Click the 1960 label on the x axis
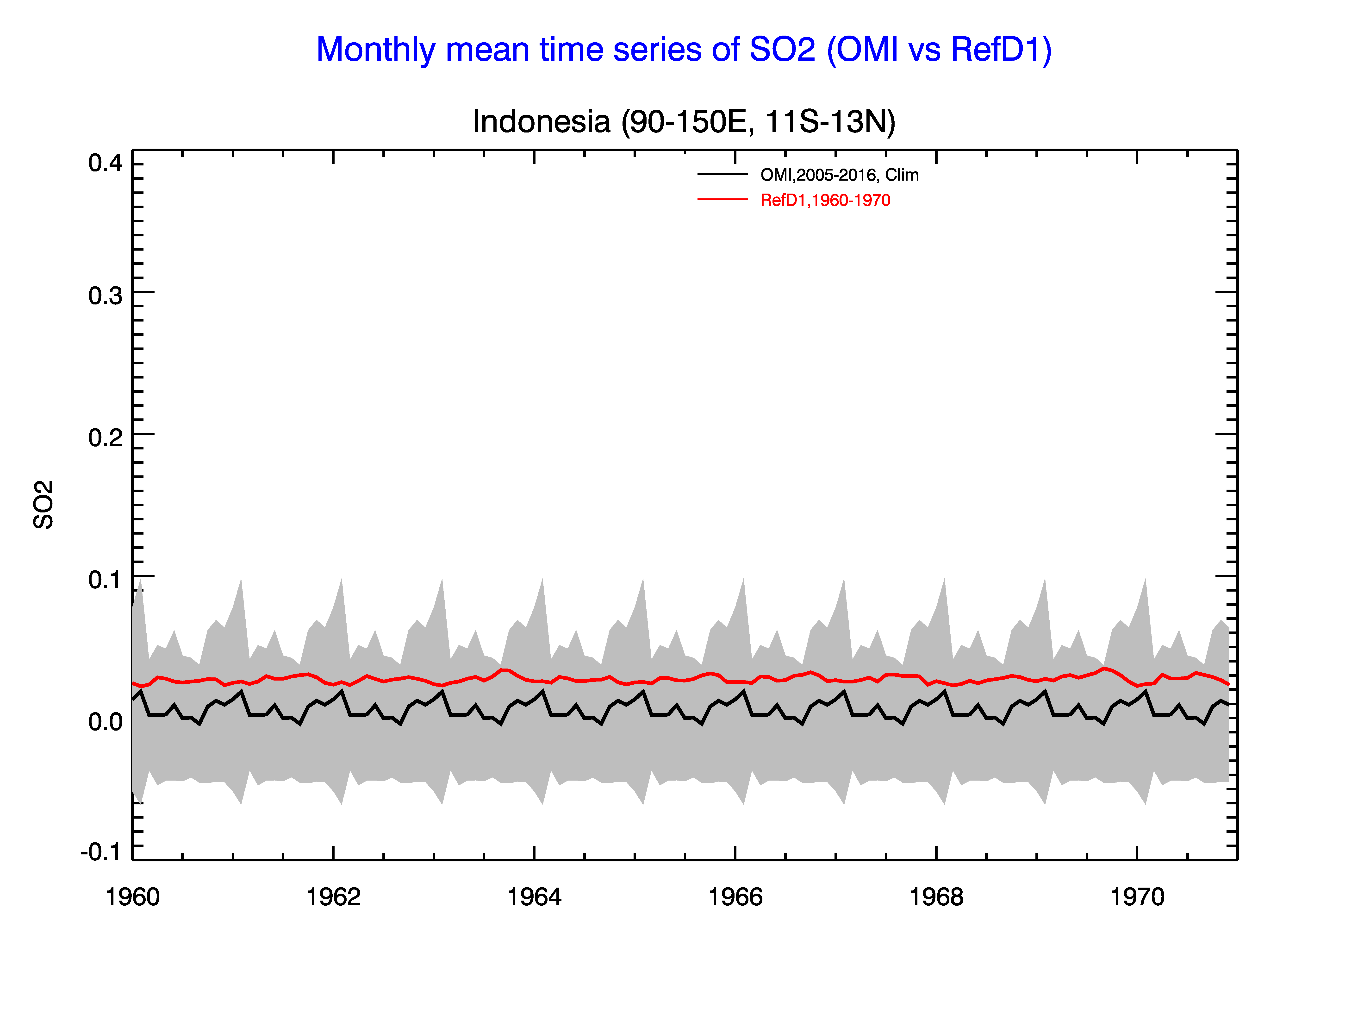(133, 897)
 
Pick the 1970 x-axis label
(1137, 897)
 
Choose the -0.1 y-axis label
(101, 852)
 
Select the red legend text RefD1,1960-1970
(826, 201)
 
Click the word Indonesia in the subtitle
(542, 122)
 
